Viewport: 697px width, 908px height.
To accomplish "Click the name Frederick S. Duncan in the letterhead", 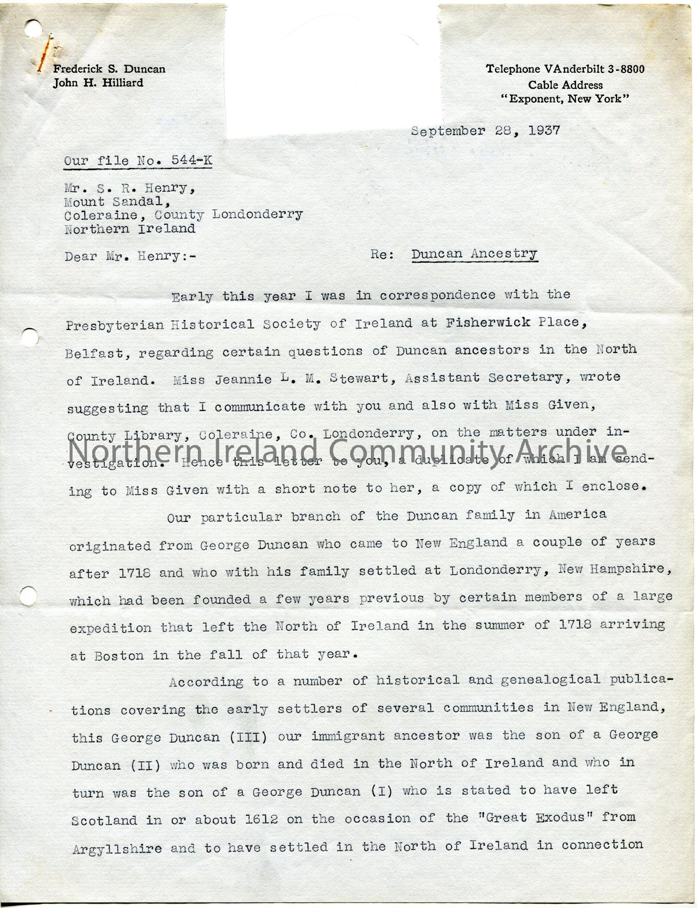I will (109, 69).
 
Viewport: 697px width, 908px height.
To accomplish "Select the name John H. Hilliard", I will (98, 83).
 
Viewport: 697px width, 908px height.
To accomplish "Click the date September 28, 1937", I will (485, 131).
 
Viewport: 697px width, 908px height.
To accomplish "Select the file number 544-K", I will (192, 160).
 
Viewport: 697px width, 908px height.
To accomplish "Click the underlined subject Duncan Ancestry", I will (474, 254).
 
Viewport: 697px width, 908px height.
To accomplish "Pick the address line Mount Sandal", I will (117, 202).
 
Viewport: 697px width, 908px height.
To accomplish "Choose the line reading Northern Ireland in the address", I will (130, 229).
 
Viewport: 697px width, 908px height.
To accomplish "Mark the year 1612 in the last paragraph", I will (262, 819).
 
